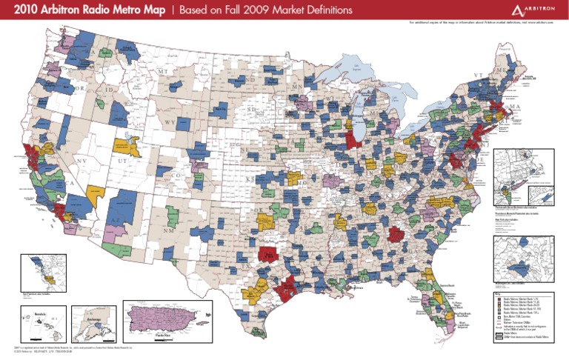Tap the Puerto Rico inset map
point(162,320)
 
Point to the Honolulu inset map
point(43,321)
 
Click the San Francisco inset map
point(43,272)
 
